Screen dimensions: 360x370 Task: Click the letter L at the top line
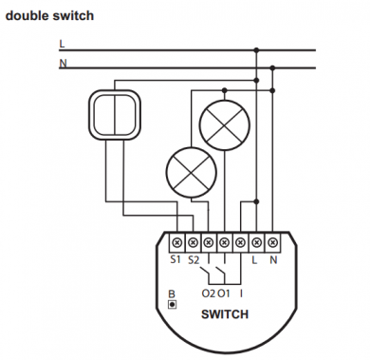(62, 44)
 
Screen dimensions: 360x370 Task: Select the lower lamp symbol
(187, 171)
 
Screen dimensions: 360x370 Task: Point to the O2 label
(208, 294)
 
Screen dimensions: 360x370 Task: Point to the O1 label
(223, 294)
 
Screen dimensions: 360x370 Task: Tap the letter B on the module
(171, 295)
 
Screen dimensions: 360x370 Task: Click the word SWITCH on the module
(225, 315)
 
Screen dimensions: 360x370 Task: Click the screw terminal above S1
(176, 242)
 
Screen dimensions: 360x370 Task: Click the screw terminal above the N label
(272, 242)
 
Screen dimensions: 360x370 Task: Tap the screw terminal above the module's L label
(256, 242)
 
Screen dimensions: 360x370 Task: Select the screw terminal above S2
(193, 242)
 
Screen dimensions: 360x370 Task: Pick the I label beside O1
(241, 294)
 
